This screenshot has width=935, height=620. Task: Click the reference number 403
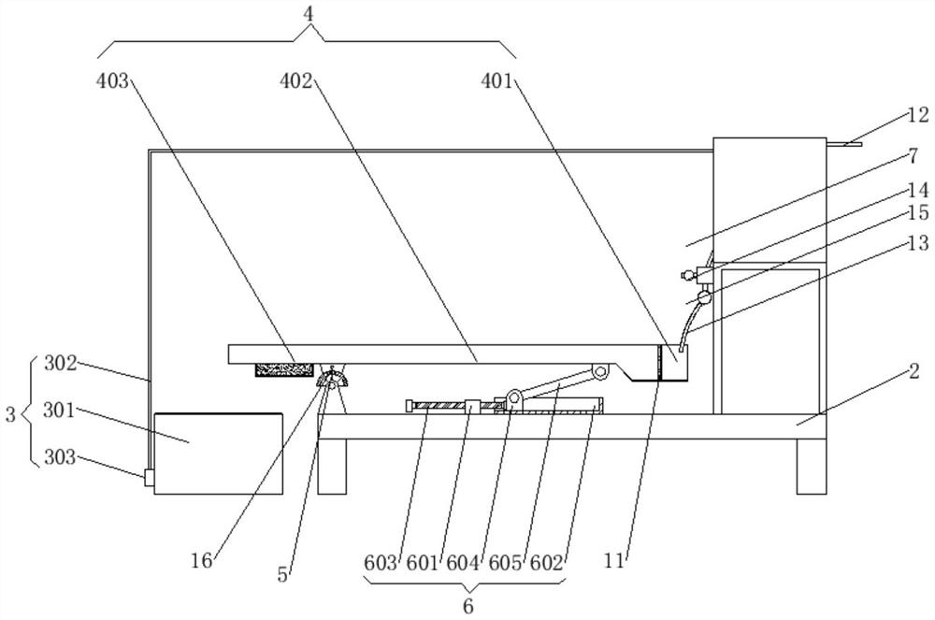[x=114, y=81]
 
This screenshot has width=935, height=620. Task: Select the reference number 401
[x=497, y=81]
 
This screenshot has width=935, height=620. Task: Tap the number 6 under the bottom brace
[x=467, y=604]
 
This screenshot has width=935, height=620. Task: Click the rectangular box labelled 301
[x=218, y=453]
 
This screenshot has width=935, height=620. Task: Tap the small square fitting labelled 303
[x=148, y=478]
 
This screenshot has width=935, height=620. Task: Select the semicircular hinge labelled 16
[x=330, y=380]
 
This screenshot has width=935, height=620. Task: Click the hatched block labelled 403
[x=282, y=371]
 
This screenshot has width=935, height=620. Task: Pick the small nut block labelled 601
[x=472, y=406]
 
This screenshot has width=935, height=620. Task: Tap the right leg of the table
[x=811, y=466]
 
